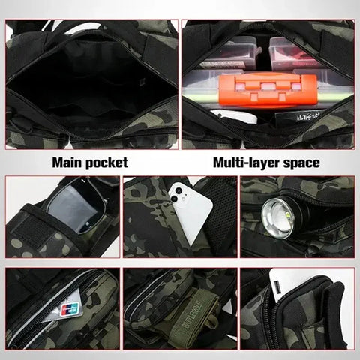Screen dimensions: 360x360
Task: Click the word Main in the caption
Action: [x=67, y=161]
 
